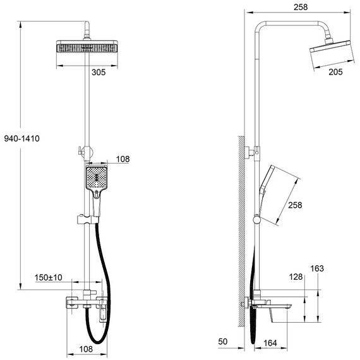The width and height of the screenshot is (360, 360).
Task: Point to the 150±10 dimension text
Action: (48, 277)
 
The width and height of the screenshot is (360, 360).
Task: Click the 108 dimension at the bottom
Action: (86, 349)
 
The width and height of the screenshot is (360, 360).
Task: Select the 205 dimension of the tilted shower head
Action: (335, 73)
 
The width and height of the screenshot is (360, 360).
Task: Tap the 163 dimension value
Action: (317, 268)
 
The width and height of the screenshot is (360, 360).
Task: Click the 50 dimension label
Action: (222, 342)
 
